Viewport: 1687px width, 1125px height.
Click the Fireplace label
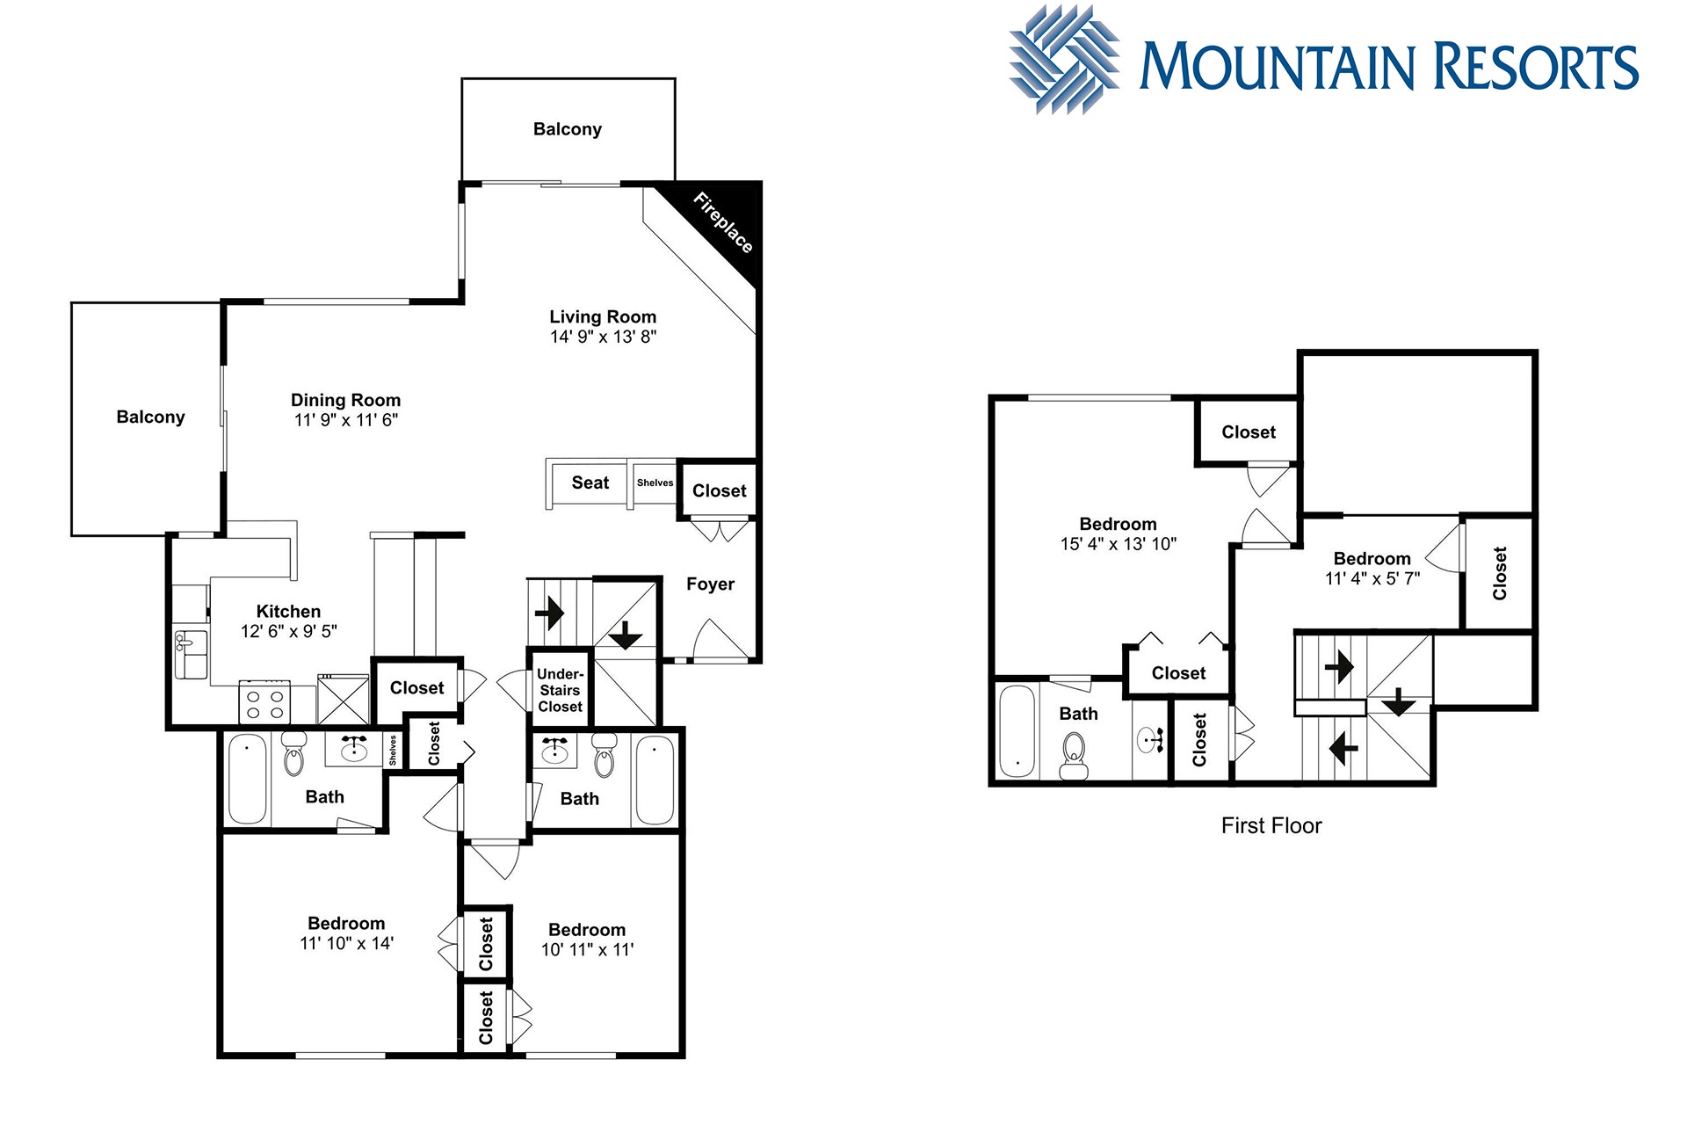coord(723,222)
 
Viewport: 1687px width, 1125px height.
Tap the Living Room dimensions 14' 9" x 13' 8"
coord(603,337)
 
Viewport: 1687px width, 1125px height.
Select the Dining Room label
coord(345,400)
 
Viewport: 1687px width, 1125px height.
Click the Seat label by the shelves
coord(590,483)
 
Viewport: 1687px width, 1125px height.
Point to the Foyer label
coord(710,584)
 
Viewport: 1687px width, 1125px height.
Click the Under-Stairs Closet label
coord(561,690)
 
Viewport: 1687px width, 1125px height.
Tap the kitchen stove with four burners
coord(264,702)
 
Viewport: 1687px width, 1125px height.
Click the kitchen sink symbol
coord(191,654)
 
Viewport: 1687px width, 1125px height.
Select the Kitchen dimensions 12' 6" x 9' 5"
coord(289,631)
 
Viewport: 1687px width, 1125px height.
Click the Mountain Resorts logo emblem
coord(1065,60)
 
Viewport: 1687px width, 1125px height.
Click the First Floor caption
coord(1271,825)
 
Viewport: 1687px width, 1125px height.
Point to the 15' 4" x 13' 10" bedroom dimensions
coord(1118,544)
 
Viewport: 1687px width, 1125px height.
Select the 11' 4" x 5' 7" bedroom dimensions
coord(1372,578)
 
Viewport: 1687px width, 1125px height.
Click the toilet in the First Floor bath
coord(1074,755)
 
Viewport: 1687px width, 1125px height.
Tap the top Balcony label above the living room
coord(568,129)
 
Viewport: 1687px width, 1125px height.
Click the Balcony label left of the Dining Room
coord(150,417)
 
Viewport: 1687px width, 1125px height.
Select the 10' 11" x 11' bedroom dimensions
coord(587,949)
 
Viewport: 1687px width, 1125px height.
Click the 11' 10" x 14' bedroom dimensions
coord(346,943)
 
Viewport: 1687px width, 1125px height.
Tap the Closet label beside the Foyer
coord(720,491)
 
